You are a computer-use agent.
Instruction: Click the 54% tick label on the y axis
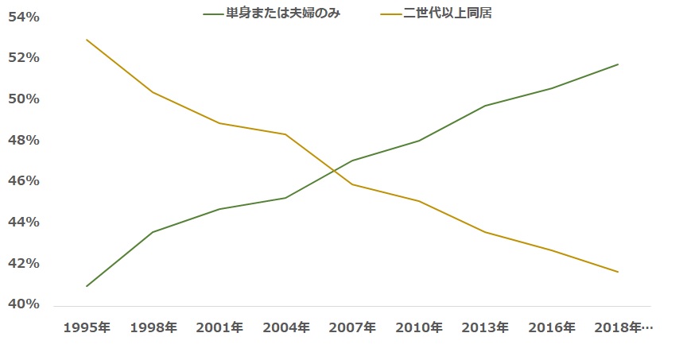click(24, 17)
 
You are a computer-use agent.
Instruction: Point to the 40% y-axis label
click(24, 304)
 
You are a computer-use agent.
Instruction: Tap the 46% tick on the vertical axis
click(24, 181)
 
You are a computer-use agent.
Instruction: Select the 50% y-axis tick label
click(24, 99)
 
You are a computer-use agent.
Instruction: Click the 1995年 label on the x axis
click(87, 327)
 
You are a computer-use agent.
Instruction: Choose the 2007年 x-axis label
click(352, 327)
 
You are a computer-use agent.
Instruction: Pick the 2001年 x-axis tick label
click(219, 327)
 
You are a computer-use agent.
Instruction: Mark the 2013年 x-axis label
click(485, 327)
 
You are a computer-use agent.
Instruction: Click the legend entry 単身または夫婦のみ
click(272, 14)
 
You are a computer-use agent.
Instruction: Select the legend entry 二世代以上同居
click(436, 14)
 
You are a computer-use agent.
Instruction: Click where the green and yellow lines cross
click(334, 170)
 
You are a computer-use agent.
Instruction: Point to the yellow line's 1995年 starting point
click(87, 40)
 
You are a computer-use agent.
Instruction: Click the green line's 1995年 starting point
click(87, 286)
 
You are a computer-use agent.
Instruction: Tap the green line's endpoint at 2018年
click(618, 64)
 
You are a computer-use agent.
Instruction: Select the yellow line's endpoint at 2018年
click(618, 272)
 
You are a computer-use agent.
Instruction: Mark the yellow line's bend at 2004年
click(285, 134)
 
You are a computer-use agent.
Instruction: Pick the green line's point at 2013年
click(485, 106)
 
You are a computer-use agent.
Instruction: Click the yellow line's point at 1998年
click(153, 92)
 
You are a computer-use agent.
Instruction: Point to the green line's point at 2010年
click(419, 141)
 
